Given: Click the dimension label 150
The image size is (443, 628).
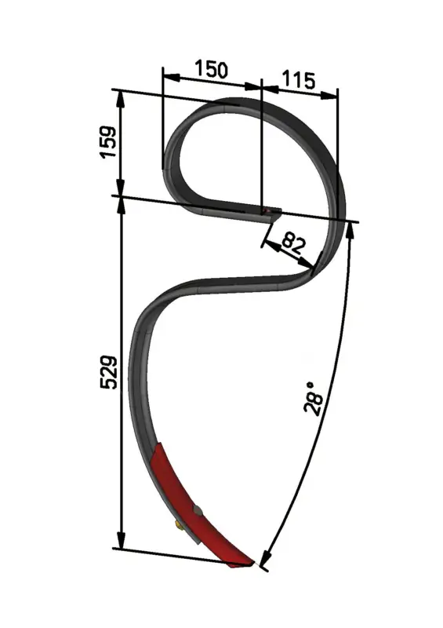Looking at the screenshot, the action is tap(211, 69).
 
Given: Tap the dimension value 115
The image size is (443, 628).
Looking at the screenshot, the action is tap(299, 80).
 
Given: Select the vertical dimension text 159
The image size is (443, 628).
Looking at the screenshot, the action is tap(108, 142).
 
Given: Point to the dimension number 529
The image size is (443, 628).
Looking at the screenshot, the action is tap(108, 372).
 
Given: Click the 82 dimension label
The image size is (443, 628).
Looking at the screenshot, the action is tap(293, 244).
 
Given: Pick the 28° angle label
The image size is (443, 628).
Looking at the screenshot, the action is tap(314, 399).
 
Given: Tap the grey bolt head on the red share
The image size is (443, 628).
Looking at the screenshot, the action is tap(197, 511).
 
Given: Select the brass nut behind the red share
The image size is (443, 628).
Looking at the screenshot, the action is tap(180, 525).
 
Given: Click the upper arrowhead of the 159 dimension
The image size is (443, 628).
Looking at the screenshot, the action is tap(120, 99).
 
